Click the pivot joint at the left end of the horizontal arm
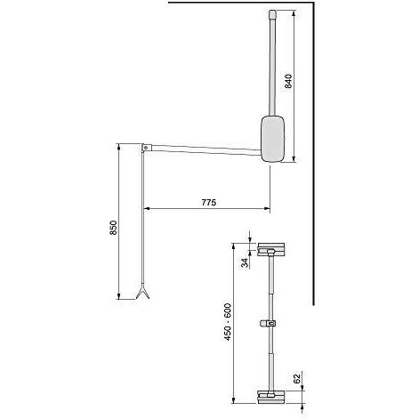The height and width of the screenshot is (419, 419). click(x=143, y=146)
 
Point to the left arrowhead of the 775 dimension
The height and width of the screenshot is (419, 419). click(x=148, y=210)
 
